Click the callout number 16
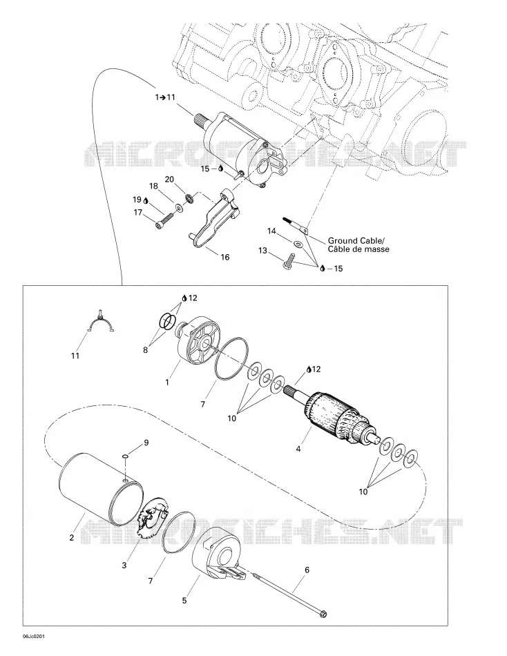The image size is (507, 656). pyautogui.click(x=224, y=257)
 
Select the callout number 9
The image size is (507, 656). pyautogui.click(x=146, y=442)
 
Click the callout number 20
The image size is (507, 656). pyautogui.click(x=169, y=180)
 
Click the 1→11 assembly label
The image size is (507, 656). pyautogui.click(x=165, y=97)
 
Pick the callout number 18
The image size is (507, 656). pyautogui.click(x=153, y=186)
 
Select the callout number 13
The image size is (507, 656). pyautogui.click(x=262, y=251)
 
